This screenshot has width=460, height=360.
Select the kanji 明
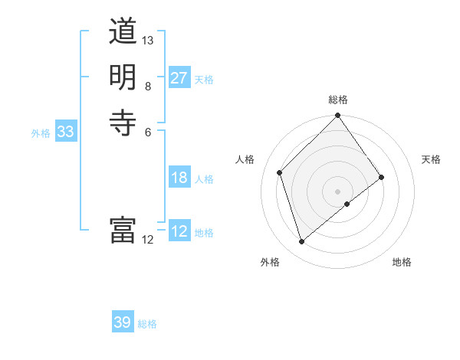click(123, 77)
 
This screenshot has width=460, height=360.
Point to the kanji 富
click(123, 231)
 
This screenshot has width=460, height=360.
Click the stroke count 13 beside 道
click(148, 40)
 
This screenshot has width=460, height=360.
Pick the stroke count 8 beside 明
click(148, 86)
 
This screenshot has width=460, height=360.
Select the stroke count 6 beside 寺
click(148, 131)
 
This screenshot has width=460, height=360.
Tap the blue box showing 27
click(179, 78)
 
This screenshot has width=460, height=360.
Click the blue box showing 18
click(179, 178)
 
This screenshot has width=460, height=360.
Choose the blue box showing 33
click(66, 132)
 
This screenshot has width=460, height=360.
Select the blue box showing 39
click(123, 322)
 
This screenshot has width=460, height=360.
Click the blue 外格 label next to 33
click(41, 133)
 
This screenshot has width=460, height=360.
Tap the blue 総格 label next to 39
click(147, 324)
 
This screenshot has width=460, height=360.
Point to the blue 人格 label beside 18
click(204, 179)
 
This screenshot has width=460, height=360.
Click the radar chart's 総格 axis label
click(338, 100)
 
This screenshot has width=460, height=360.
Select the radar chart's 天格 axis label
click(431, 159)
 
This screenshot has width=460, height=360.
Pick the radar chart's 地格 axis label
click(402, 262)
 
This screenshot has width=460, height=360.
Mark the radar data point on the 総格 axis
click(338, 116)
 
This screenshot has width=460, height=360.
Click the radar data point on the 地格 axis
click(347, 204)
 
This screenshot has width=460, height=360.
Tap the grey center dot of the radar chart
click(338, 191)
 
